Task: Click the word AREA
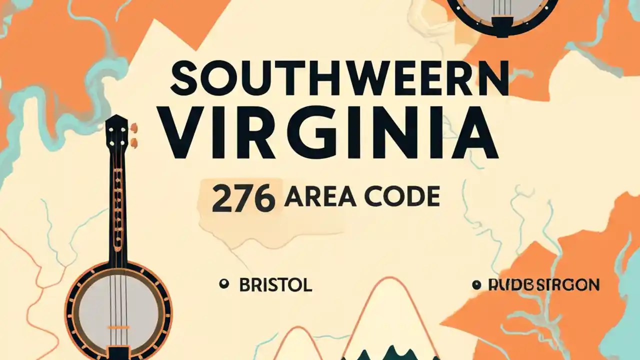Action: click(x=320, y=196)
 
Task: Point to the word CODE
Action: click(x=402, y=196)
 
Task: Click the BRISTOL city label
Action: click(x=275, y=285)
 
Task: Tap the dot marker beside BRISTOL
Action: click(x=223, y=284)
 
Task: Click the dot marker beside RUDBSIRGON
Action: click(x=476, y=285)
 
